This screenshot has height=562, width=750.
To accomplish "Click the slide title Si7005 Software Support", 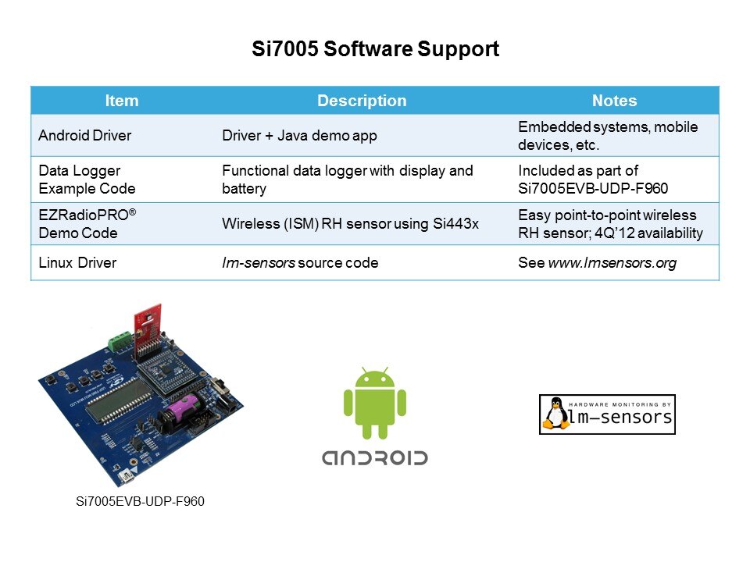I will click(375, 49).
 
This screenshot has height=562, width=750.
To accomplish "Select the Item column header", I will click(121, 101).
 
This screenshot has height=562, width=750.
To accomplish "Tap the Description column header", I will click(361, 101).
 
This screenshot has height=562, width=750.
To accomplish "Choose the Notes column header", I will click(614, 101).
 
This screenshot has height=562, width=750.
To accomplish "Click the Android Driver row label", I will click(84, 136).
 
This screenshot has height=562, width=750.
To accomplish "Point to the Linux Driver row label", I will click(77, 263).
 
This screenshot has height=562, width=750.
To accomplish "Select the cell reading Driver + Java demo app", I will click(299, 136).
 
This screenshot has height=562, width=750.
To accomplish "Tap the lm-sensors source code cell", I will click(300, 263).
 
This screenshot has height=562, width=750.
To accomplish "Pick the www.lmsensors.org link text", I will click(612, 263).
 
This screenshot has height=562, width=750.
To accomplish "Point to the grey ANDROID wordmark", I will click(375, 457).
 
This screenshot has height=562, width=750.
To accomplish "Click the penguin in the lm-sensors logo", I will click(555, 414).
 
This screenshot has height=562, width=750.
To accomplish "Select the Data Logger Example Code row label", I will click(87, 180).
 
